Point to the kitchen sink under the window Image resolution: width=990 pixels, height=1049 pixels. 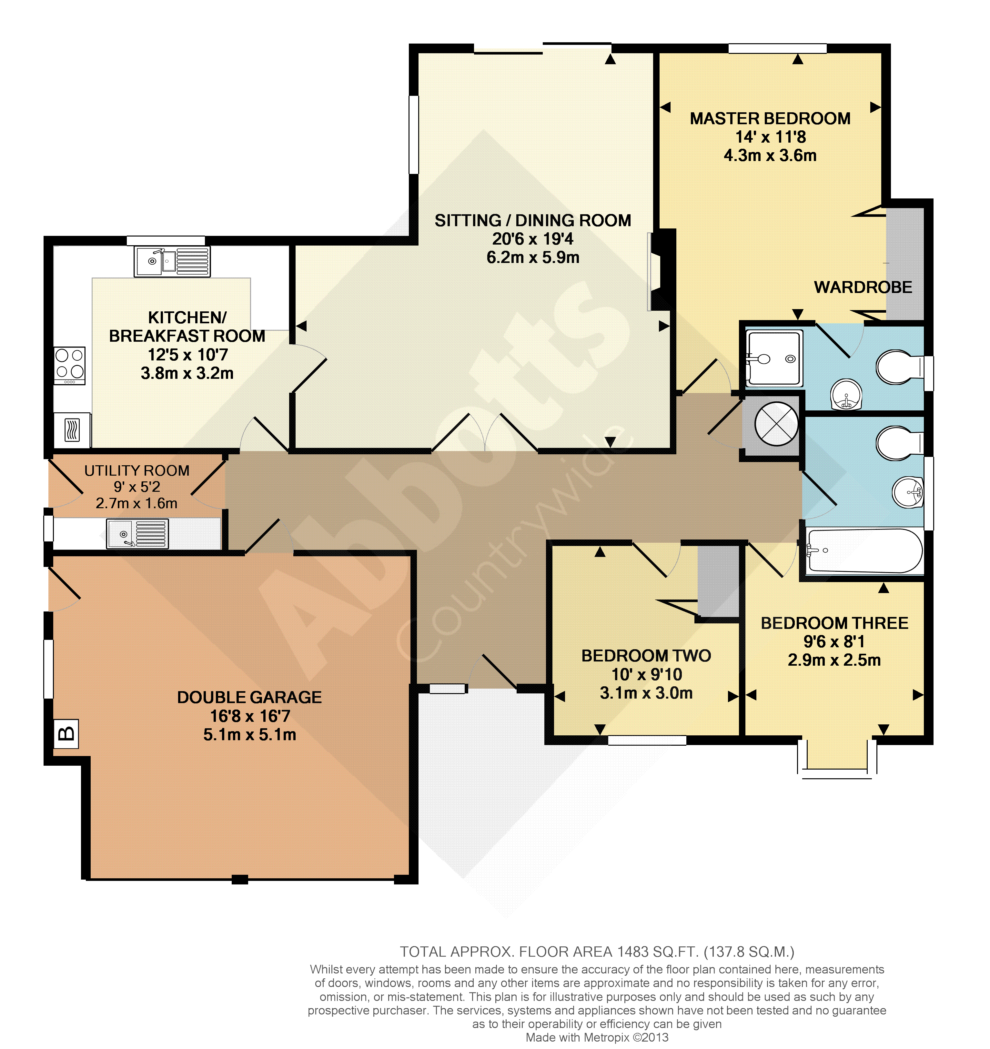click(172, 261)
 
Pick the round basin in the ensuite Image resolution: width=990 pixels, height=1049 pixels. click(846, 395)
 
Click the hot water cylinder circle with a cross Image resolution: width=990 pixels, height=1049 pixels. click(777, 424)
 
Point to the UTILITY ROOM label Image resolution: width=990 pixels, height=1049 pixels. click(137, 471)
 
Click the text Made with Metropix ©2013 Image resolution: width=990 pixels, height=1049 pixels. click(597, 1037)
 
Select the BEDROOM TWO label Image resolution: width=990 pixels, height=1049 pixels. click(646, 656)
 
